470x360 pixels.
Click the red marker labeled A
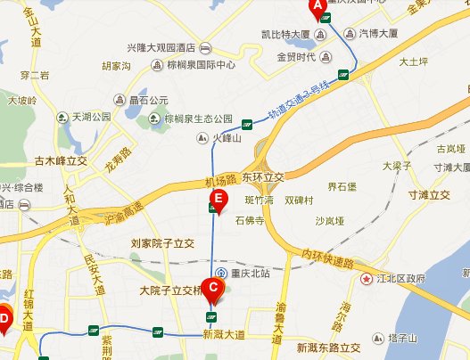click(x=316, y=8)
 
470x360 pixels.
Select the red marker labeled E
click(x=215, y=200)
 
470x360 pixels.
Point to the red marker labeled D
click(x=4, y=317)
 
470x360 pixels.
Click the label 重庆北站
click(x=249, y=273)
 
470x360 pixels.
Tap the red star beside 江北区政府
click(x=366, y=279)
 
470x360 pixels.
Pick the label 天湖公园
click(x=92, y=117)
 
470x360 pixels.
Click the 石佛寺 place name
click(x=249, y=217)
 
